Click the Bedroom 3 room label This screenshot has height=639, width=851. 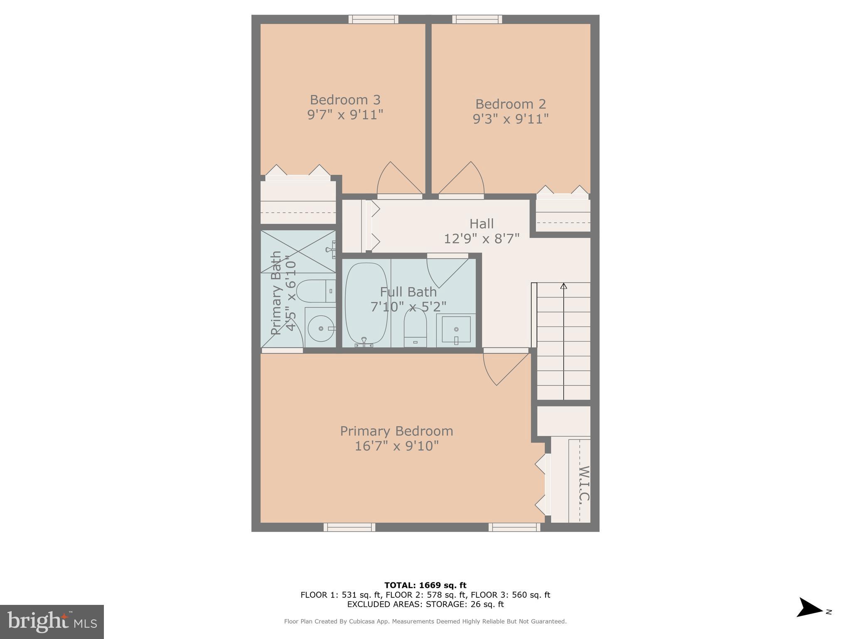(x=345, y=100)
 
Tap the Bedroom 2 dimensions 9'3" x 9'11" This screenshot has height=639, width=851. (x=510, y=119)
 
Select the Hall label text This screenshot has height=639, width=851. (x=482, y=224)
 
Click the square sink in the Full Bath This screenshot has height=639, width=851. (x=456, y=329)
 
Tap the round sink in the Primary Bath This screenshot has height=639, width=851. (x=321, y=328)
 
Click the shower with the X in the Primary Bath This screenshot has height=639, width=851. (x=298, y=251)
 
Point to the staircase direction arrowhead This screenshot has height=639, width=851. (x=563, y=286)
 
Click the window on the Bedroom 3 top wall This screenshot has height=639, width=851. (x=373, y=19)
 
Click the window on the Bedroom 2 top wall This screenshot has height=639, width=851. (x=477, y=19)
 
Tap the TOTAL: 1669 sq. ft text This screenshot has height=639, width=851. (x=425, y=585)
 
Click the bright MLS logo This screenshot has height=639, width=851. (x=52, y=622)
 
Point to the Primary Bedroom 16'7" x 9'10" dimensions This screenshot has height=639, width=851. (x=396, y=446)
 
